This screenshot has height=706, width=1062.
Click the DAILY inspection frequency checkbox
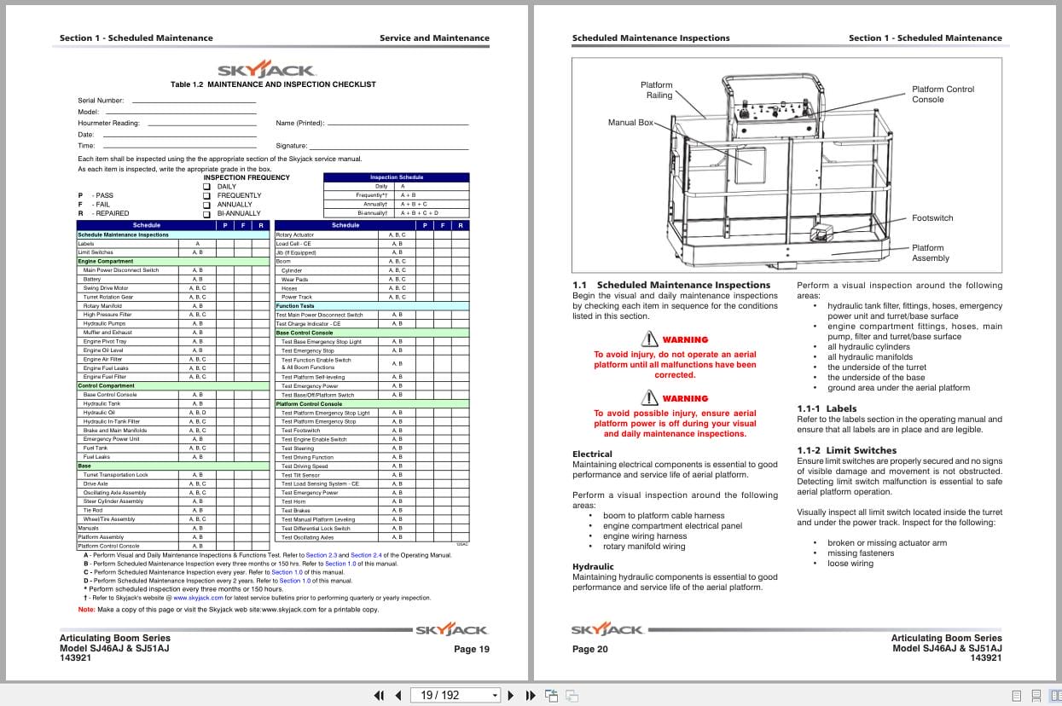point(206,187)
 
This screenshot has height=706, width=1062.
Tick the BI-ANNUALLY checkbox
point(206,214)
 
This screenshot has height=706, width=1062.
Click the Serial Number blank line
point(194,101)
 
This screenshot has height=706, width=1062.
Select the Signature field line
point(389,147)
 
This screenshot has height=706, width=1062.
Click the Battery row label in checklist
point(93,279)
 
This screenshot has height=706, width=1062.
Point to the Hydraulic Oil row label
point(98,413)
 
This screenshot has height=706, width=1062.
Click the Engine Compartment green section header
point(106,262)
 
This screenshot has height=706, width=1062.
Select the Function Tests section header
point(295,306)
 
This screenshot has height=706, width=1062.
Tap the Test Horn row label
point(294,501)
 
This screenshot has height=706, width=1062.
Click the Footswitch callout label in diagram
point(932,218)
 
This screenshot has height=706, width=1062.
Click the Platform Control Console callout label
point(943,94)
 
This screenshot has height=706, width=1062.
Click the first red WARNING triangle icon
point(650,339)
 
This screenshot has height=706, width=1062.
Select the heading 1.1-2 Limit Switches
point(846,450)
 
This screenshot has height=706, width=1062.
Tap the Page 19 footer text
point(472,649)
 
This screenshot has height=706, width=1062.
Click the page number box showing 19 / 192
point(455,695)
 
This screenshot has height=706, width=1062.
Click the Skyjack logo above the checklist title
point(265,70)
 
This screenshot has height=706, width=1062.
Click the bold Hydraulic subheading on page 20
point(592,566)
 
